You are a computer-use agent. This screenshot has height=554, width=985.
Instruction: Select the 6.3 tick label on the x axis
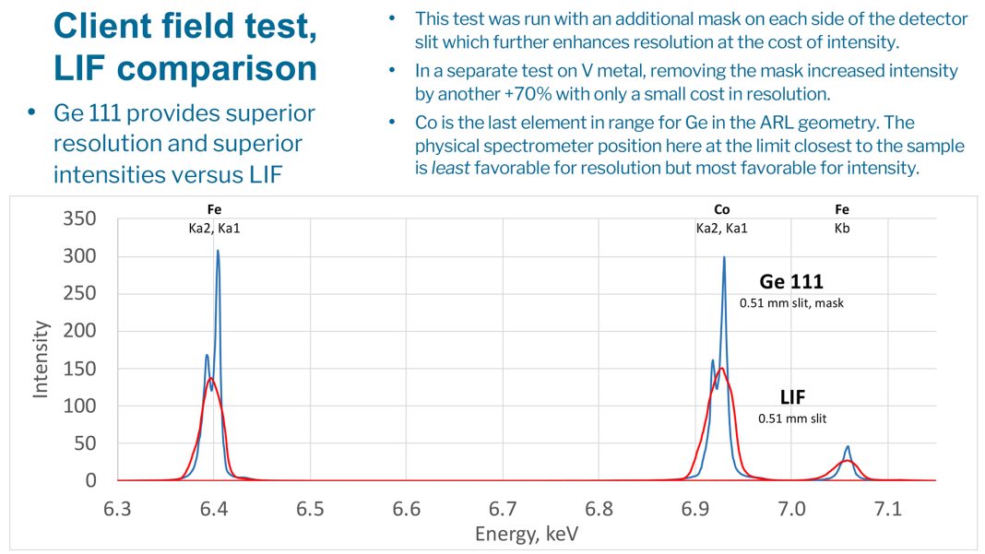(117, 509)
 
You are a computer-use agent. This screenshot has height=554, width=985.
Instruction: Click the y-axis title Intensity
(42, 359)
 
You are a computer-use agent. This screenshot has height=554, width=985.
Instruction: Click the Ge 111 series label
(792, 281)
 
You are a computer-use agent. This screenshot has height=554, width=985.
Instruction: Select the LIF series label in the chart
(792, 398)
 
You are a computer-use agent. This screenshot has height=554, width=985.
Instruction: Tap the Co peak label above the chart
(721, 210)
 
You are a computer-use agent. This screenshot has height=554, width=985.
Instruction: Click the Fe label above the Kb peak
(841, 210)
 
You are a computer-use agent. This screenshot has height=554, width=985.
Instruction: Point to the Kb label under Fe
(841, 228)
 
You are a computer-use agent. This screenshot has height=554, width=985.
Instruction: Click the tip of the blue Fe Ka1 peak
(218, 251)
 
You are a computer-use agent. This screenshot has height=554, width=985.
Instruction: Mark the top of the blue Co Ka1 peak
(724, 257)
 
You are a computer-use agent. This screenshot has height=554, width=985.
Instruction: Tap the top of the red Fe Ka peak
(211, 378)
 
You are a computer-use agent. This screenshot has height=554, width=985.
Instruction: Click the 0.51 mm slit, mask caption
(791, 302)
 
